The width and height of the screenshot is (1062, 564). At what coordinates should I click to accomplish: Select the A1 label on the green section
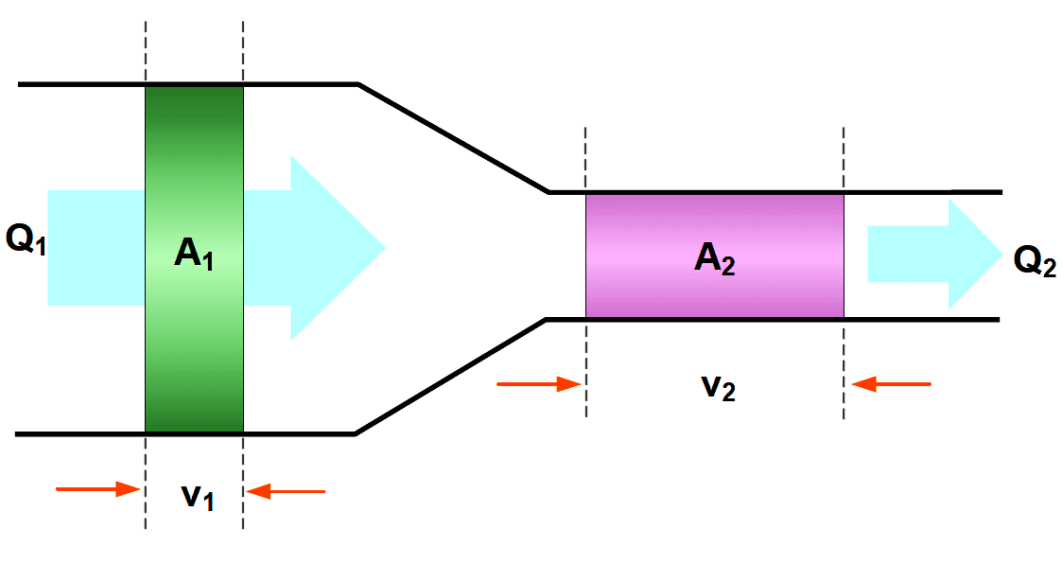click(x=194, y=253)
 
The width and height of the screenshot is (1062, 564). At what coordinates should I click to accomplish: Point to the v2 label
click(x=717, y=387)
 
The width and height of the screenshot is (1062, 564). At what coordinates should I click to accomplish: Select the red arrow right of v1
click(x=285, y=490)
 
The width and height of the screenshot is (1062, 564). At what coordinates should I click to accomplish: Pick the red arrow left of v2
click(x=538, y=383)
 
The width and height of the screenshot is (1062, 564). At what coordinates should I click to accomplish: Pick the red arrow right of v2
click(x=891, y=383)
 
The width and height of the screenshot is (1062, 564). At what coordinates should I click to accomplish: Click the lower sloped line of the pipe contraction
click(x=450, y=377)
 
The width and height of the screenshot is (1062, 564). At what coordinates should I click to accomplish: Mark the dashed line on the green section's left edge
click(x=146, y=47)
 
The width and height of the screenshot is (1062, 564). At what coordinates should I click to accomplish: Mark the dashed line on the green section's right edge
click(x=243, y=47)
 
